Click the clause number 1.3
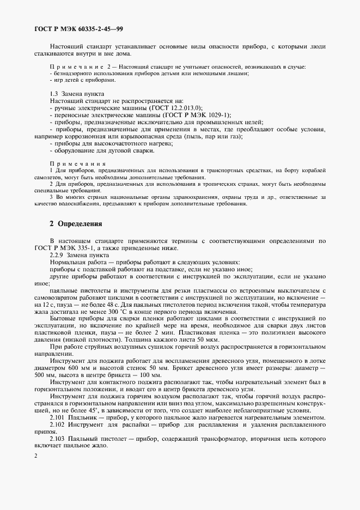tap(54, 94)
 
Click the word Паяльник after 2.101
tap(86, 417)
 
